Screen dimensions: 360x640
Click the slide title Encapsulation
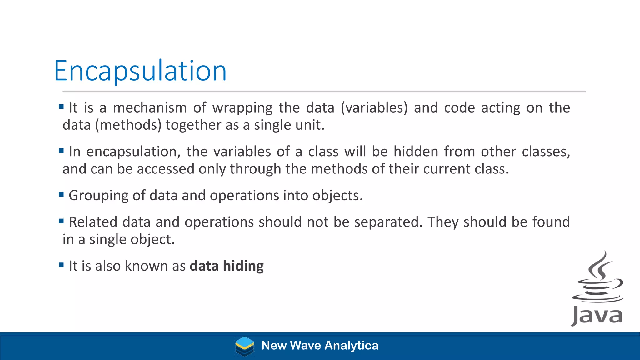[x=140, y=71]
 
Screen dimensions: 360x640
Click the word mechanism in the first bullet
[x=150, y=108]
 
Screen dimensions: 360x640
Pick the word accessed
[x=166, y=169]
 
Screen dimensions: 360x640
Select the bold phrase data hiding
[x=227, y=266]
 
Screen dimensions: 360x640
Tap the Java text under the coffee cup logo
[x=597, y=316]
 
